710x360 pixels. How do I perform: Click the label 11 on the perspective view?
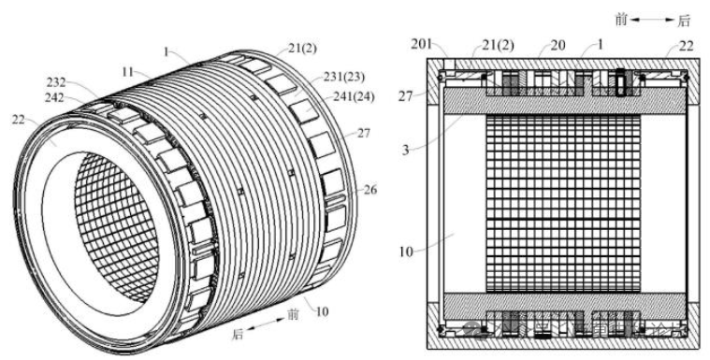(x=128, y=70)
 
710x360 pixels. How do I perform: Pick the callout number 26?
(x=345, y=190)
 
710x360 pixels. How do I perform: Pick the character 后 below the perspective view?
(x=238, y=332)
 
